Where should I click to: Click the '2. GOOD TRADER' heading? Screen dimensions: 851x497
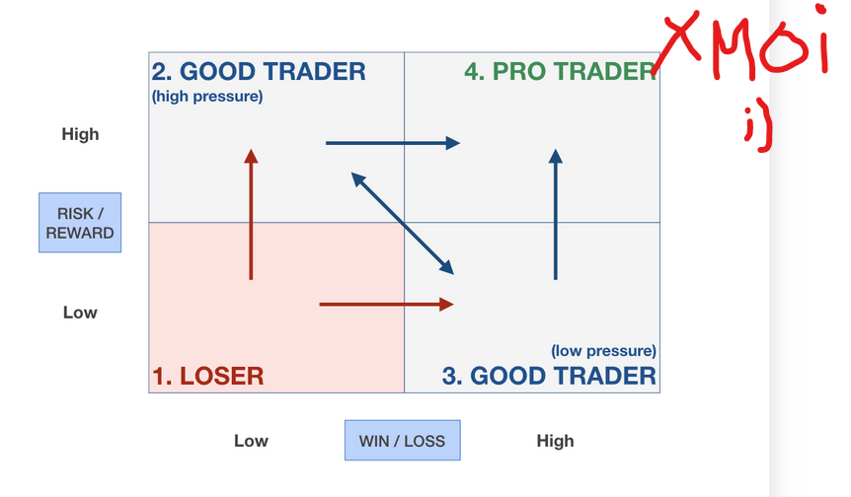tap(259, 72)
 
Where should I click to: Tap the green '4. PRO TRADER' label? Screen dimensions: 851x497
tap(560, 72)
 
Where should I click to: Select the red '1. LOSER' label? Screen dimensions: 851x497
tap(208, 376)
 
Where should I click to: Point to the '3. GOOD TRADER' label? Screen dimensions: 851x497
tap(549, 376)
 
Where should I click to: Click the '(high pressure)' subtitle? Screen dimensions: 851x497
tap(207, 97)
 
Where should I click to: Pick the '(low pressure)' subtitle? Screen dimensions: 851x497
tap(603, 351)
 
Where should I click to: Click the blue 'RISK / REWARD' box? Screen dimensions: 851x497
tap(80, 222)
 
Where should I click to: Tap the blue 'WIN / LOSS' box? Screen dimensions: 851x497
tap(402, 440)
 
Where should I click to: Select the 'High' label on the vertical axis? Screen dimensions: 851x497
tap(80, 134)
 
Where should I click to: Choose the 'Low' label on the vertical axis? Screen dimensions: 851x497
tap(80, 313)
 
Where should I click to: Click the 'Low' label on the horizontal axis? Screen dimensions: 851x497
tap(251, 441)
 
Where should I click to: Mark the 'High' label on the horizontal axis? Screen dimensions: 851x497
tap(555, 441)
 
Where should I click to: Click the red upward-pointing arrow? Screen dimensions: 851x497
tap(251, 215)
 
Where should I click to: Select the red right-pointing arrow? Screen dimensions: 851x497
tap(386, 305)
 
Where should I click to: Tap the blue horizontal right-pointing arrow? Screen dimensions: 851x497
tap(393, 143)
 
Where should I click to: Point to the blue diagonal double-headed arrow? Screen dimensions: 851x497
tap(402, 223)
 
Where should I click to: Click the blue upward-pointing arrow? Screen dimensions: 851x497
tap(555, 215)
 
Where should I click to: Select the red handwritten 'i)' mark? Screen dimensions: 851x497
tap(759, 130)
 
